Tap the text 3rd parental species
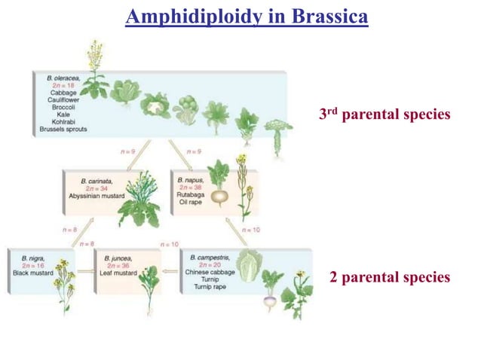384,114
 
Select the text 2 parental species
390,277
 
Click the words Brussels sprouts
66,130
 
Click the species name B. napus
191,182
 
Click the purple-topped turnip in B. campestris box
269,300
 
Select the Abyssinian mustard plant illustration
139,200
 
